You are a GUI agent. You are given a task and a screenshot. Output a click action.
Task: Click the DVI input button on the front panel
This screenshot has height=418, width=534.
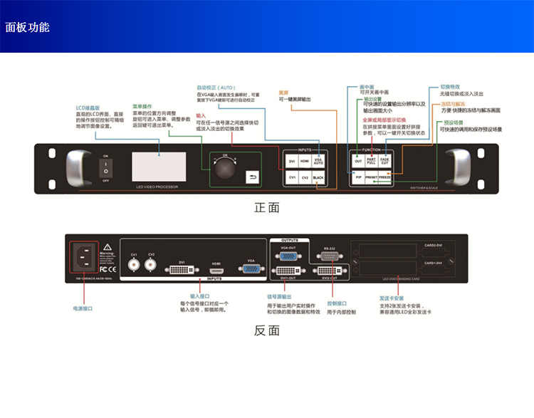[x=292, y=162]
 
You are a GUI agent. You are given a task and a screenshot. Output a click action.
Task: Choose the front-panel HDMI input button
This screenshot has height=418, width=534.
[x=305, y=162]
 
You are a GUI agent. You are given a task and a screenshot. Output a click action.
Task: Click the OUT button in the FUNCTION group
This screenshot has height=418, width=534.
[x=358, y=162]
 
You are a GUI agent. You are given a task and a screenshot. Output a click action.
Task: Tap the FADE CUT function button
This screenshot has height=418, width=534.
[x=384, y=162]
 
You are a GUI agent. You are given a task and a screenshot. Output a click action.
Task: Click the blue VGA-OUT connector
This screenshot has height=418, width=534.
[x=288, y=257]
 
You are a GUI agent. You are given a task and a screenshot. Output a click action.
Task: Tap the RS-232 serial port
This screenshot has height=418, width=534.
[x=330, y=258]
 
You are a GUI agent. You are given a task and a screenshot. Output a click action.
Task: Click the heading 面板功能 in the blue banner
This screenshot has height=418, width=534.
[x=28, y=28]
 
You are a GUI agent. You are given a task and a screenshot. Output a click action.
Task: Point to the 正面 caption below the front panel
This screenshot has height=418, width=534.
[x=267, y=207]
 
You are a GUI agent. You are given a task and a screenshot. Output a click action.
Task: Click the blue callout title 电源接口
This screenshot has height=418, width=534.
[x=83, y=309]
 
